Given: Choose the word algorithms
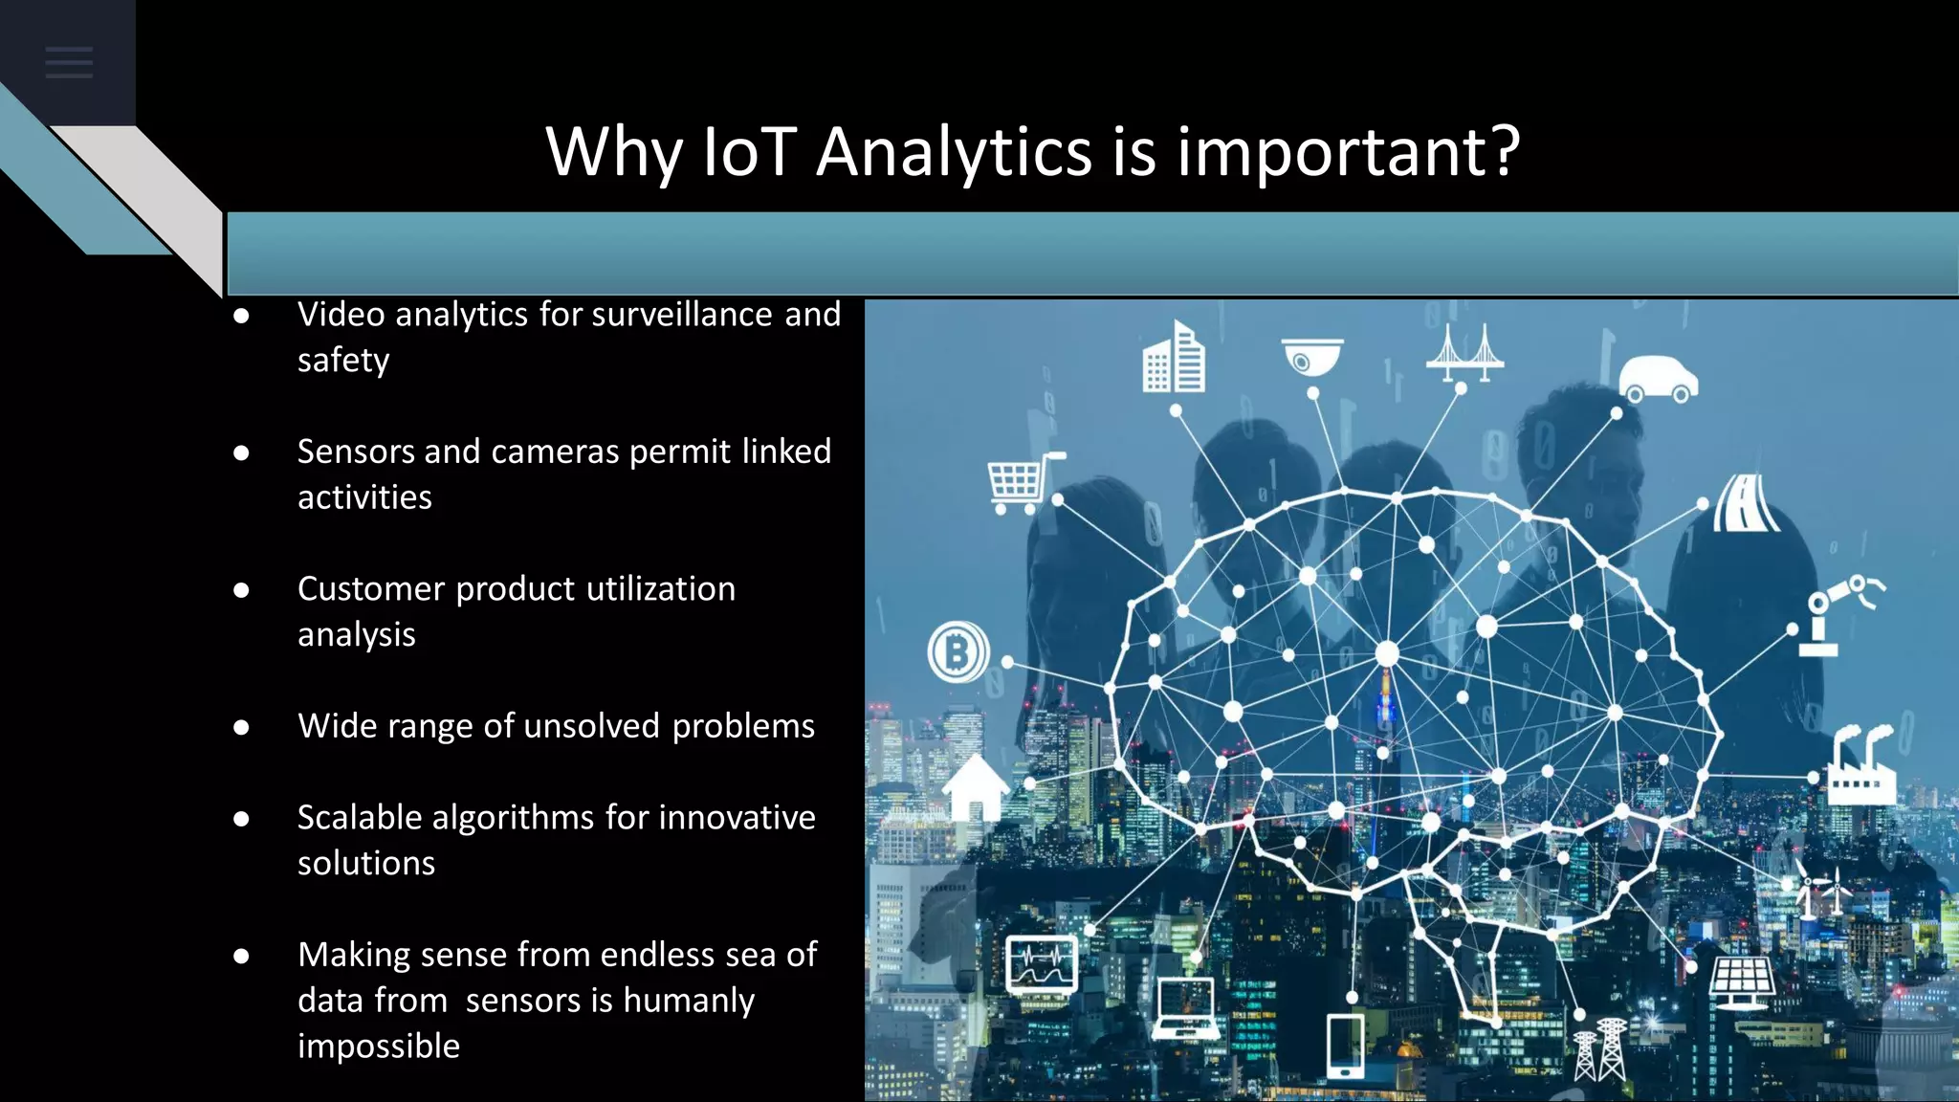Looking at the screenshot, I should pos(513,818).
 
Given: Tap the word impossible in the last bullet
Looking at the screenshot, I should pos(379,1047).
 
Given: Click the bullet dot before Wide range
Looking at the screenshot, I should pos(241,728).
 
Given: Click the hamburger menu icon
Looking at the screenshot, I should pos(69,63).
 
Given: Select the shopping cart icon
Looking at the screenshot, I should pos(1021,481).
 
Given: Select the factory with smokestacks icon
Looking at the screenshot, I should pos(1861,766).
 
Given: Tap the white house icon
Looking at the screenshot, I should pos(976,786).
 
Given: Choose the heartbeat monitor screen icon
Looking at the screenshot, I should pos(1042,963).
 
